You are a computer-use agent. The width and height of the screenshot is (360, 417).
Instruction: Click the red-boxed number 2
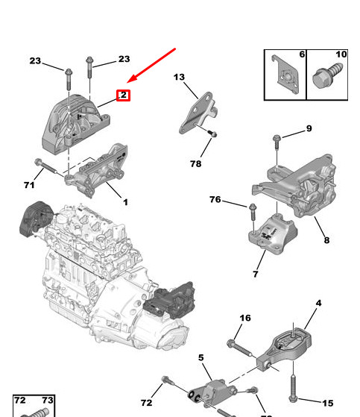124,95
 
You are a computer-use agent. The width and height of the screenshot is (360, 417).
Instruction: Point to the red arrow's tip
129,82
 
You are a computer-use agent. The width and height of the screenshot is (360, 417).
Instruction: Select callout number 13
179,77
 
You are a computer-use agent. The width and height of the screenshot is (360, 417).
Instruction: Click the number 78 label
195,164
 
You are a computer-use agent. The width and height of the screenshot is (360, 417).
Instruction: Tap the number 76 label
215,199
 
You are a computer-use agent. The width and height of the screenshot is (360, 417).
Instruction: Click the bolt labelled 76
251,208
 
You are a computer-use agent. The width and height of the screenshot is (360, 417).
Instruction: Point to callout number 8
326,240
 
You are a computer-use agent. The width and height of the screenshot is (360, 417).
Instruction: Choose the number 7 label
255,275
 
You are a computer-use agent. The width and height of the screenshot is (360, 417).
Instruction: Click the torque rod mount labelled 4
287,347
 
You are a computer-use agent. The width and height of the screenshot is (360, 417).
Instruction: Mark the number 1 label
125,202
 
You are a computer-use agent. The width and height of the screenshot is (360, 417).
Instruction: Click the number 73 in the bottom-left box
47,401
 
